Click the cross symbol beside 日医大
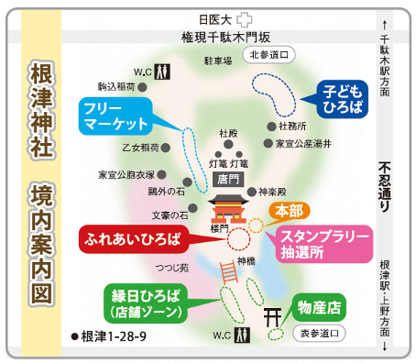(x=242, y=18)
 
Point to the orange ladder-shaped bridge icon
(x=230, y=274)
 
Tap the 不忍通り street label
(x=386, y=187)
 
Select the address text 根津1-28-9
(x=111, y=336)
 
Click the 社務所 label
(x=291, y=126)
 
